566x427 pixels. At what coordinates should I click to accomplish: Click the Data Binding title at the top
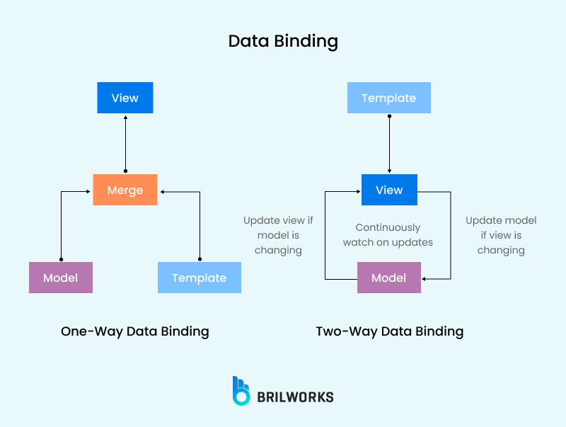[x=283, y=41]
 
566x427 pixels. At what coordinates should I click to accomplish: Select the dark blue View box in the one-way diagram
[x=125, y=98]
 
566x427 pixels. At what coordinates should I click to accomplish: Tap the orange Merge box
[x=125, y=190]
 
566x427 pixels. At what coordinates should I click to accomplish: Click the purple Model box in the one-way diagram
[x=60, y=278]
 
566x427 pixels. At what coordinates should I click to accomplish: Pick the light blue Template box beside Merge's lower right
[x=199, y=278]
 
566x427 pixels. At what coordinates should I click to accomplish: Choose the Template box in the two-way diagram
[x=388, y=98]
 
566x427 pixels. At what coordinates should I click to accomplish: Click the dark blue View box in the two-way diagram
[x=388, y=190]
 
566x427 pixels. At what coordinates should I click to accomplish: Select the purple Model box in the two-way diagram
[x=388, y=278]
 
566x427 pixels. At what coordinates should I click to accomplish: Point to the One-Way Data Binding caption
[x=135, y=331]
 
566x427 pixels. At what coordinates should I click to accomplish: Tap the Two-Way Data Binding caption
[x=390, y=331]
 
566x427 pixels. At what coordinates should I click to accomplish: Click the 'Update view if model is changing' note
[x=278, y=235]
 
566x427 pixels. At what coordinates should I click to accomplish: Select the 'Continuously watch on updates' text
[x=388, y=235]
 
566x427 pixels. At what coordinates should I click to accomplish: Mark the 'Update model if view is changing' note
[x=501, y=235]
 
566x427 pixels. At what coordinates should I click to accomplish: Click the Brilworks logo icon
[x=241, y=391]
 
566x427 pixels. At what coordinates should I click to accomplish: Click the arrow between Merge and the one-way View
[x=125, y=144]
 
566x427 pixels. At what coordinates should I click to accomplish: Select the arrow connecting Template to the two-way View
[x=389, y=144]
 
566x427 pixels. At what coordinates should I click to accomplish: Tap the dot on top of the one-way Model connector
[x=61, y=259]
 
